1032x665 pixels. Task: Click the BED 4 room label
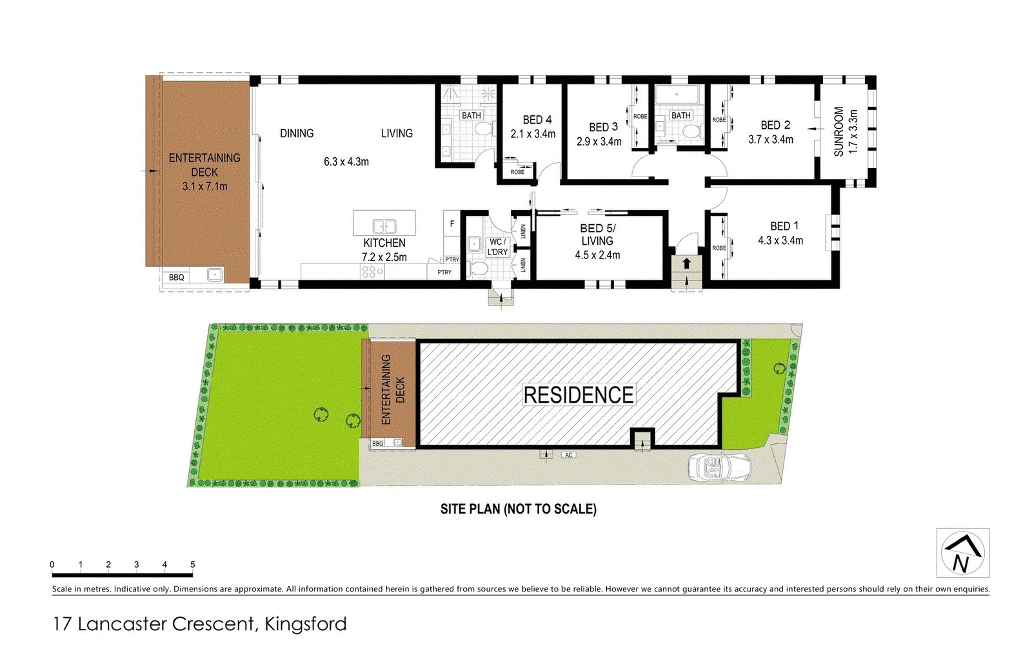coord(537,120)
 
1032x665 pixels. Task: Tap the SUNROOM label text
coord(838,131)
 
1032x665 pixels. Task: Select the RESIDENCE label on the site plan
coord(578,395)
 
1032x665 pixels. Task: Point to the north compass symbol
coord(962,553)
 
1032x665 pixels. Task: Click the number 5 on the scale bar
coord(192,564)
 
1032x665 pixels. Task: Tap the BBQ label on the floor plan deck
coord(176,277)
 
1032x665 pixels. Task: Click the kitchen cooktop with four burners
coord(372,272)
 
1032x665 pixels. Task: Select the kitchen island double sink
coord(384,226)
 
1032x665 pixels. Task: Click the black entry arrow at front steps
coord(686,264)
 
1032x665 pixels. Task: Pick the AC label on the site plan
coord(568,455)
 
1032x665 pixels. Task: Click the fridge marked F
coord(452,224)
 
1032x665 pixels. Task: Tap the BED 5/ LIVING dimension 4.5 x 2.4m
coord(597,255)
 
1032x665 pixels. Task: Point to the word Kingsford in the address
coord(305,624)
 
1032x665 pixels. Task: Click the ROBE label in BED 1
coord(719,248)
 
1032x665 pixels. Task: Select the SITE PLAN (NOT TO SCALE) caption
coord(518,509)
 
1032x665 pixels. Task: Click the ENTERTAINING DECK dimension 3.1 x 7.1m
coord(204,186)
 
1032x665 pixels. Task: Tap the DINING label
coord(297,133)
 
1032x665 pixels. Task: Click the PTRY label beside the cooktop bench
coord(444,273)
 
